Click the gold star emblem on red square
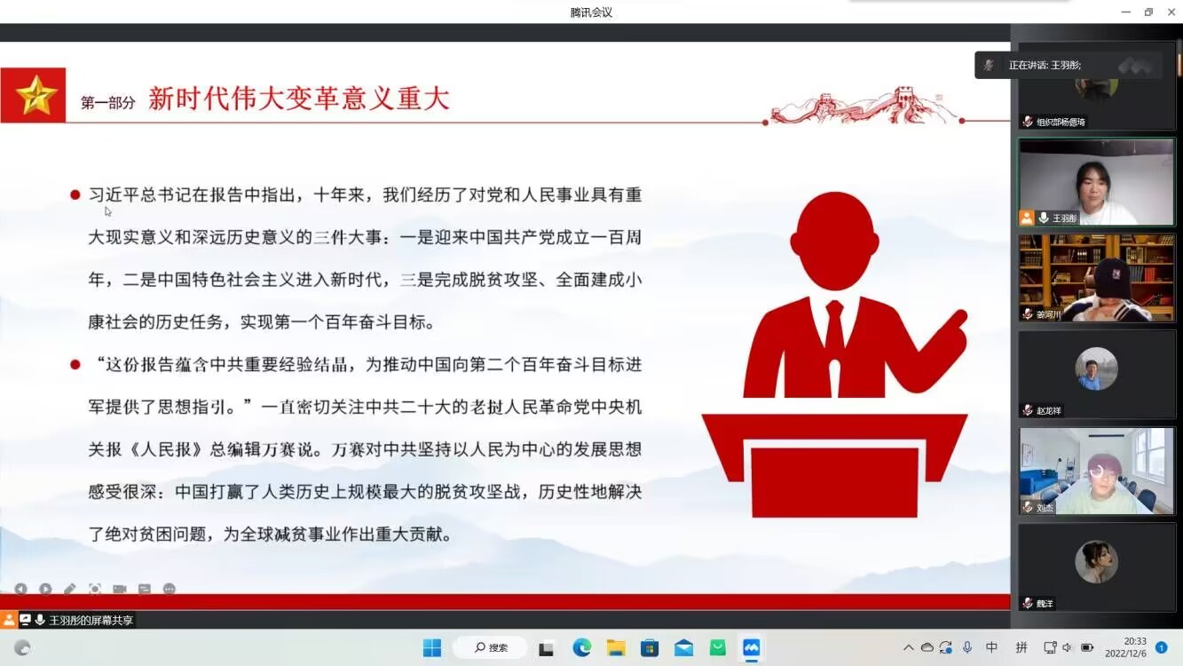(35, 95)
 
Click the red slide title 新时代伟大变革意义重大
(299, 99)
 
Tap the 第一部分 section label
(107, 102)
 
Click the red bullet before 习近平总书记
(75, 195)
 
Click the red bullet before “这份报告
(75, 365)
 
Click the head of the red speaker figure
(834, 241)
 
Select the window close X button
(1171, 12)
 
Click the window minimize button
(1126, 12)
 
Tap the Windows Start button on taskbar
(432, 647)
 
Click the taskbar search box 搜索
(491, 647)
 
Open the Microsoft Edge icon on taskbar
(581, 647)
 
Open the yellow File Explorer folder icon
(615, 647)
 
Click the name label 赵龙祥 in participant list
(1048, 410)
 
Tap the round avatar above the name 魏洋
(1096, 561)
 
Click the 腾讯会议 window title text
(591, 12)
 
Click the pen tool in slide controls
(70, 589)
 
